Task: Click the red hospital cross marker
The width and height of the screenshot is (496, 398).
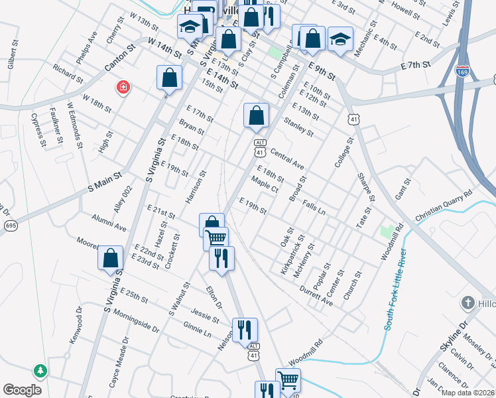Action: pyautogui.click(x=123, y=88)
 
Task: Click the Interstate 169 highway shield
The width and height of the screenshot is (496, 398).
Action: pyautogui.click(x=463, y=70)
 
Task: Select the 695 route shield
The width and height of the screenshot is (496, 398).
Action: pyautogui.click(x=10, y=226)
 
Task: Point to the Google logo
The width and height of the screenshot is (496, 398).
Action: pyautogui.click(x=23, y=390)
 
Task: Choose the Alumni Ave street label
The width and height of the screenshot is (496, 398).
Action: pyautogui.click(x=110, y=223)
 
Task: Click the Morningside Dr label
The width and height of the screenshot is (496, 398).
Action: pyautogui.click(x=136, y=320)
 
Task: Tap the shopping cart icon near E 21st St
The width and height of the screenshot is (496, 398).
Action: pyautogui.click(x=216, y=238)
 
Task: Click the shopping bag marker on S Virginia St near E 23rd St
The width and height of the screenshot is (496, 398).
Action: pyautogui.click(x=111, y=258)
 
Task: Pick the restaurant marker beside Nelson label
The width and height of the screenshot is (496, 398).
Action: pyautogui.click(x=245, y=328)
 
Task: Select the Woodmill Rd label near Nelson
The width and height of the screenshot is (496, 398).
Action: pyautogui.click(x=305, y=357)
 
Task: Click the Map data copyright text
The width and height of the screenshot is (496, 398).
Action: pyautogui.click(x=467, y=393)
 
